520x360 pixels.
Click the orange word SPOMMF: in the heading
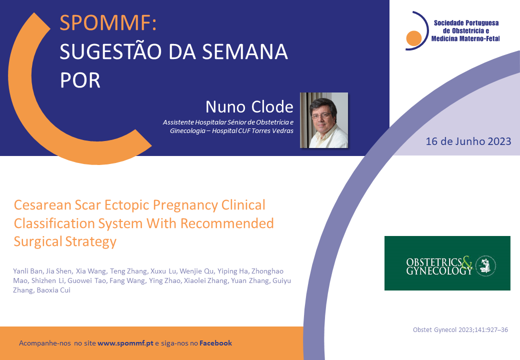[x=108, y=23]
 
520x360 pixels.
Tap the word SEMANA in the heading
[x=244, y=51]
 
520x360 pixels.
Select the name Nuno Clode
[x=249, y=106]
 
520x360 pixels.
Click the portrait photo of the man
[x=324, y=120]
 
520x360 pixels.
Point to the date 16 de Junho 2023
[x=468, y=141]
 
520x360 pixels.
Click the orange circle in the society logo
[x=414, y=38]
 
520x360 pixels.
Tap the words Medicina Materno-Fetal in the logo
[x=465, y=39]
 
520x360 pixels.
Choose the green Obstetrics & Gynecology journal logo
[x=447, y=263]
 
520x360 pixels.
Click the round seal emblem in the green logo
[x=486, y=265]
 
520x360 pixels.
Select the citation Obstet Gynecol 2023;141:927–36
[x=460, y=330]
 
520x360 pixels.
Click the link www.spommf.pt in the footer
[x=125, y=343]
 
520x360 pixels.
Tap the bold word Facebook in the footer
[x=215, y=343]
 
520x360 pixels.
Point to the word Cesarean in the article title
[x=42, y=205]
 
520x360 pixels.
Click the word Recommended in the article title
[x=227, y=223]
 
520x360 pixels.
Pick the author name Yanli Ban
[x=28, y=271]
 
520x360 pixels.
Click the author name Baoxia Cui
[x=53, y=290]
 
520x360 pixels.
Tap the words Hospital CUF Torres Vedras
[x=252, y=131]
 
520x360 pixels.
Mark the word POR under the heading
[x=80, y=80]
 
